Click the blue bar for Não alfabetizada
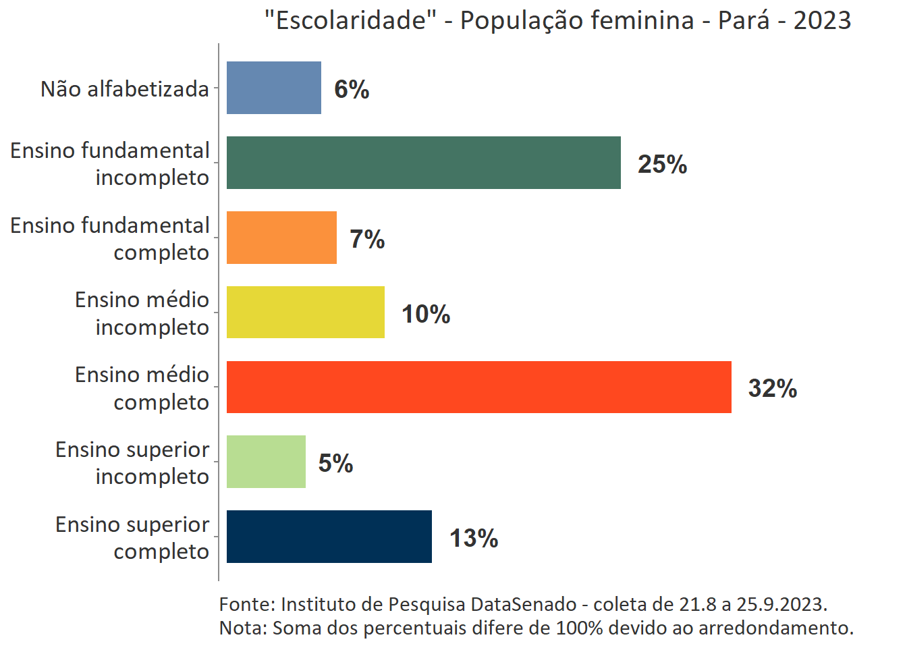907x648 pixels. [x=273, y=88]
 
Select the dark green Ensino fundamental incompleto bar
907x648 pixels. [x=423, y=163]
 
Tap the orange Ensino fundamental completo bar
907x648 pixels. [x=281, y=238]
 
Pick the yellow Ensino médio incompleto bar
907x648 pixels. [x=305, y=313]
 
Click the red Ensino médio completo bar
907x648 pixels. [x=478, y=387]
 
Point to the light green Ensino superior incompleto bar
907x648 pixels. [x=266, y=462]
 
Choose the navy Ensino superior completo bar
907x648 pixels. [x=329, y=537]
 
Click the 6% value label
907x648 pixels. [x=352, y=89]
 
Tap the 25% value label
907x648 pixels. [x=662, y=164]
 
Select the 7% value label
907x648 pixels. [x=367, y=239]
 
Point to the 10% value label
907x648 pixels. [x=426, y=314]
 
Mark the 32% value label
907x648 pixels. [x=772, y=388]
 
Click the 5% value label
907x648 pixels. [x=335, y=463]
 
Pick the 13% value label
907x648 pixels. [x=474, y=538]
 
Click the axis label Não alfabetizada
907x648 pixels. [x=125, y=89]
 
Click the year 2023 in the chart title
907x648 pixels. [x=822, y=20]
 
